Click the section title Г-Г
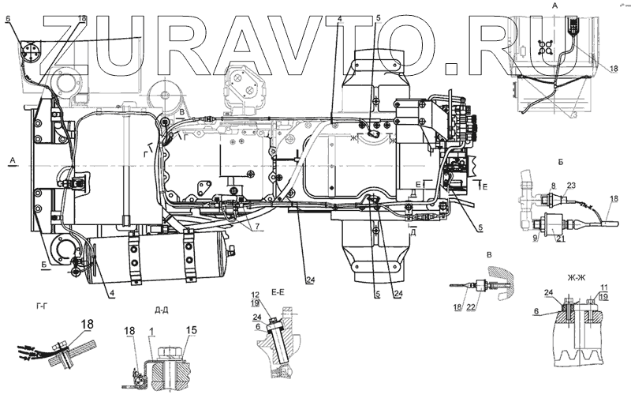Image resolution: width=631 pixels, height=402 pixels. (x=43, y=303)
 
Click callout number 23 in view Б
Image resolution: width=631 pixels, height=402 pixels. (x=571, y=186)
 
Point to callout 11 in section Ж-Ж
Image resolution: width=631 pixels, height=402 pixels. (x=605, y=287)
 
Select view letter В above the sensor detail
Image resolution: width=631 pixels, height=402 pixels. (x=490, y=255)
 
